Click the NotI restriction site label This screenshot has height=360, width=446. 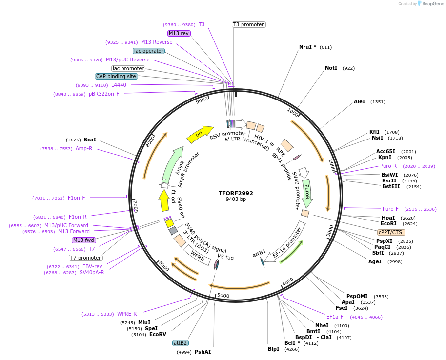(331, 68)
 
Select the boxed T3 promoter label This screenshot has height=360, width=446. (248, 24)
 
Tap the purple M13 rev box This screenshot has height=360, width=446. (179, 33)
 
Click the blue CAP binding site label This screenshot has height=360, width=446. (116, 76)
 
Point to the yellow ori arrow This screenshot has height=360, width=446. (200, 133)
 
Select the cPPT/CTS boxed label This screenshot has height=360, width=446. (391, 232)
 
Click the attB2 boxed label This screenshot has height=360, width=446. (181, 343)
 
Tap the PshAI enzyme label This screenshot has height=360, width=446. (203, 352)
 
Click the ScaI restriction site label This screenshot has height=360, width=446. (90, 140)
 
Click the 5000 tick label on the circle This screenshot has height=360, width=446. (223, 295)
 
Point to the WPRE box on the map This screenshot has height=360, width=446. (198, 256)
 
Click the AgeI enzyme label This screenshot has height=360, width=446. (375, 262)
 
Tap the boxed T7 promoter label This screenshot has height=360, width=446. (85, 258)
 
